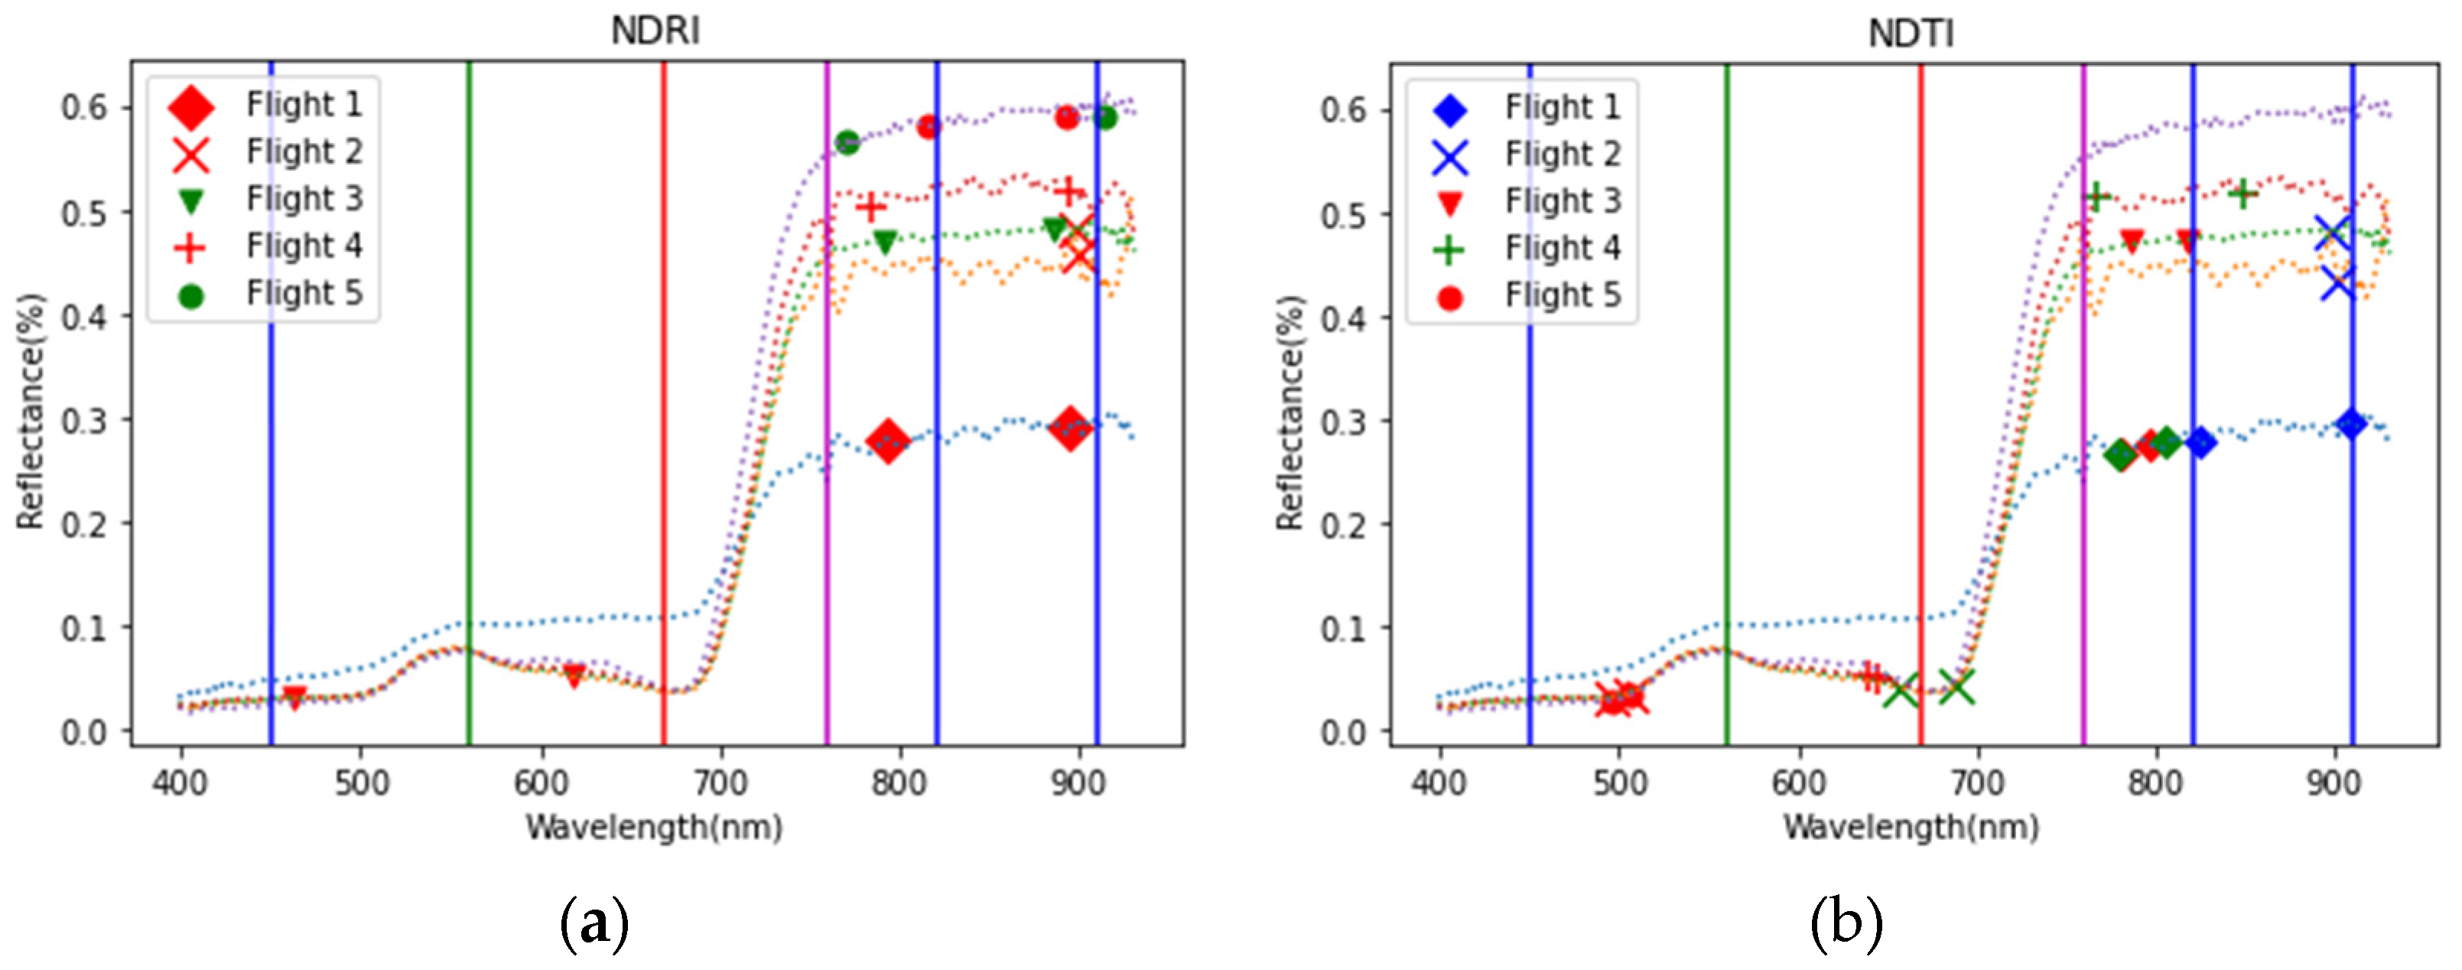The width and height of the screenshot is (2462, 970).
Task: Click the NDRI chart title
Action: coord(655,31)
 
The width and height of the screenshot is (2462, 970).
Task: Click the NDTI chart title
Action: coord(1911,34)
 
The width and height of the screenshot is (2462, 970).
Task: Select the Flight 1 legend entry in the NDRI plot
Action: coord(304,104)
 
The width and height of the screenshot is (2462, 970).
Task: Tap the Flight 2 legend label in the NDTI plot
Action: coord(1563,154)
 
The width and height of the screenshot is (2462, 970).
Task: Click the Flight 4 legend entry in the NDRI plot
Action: coord(304,246)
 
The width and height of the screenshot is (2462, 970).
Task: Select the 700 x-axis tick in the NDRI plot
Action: coord(720,783)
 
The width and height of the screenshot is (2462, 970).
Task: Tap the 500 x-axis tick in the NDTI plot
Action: coord(1619,783)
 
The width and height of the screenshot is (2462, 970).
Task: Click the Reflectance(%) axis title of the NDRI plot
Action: coord(31,411)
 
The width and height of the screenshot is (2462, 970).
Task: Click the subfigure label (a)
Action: coord(594,923)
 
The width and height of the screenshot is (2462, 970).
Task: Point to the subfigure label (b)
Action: coord(1846,923)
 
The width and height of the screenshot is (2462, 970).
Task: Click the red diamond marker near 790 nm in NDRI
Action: coord(888,441)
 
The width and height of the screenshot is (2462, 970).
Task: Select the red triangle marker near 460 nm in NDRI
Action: coord(294,698)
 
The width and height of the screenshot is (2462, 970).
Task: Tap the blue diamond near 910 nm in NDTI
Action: coord(2351,423)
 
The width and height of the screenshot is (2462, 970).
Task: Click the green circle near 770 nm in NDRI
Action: coord(847,142)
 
